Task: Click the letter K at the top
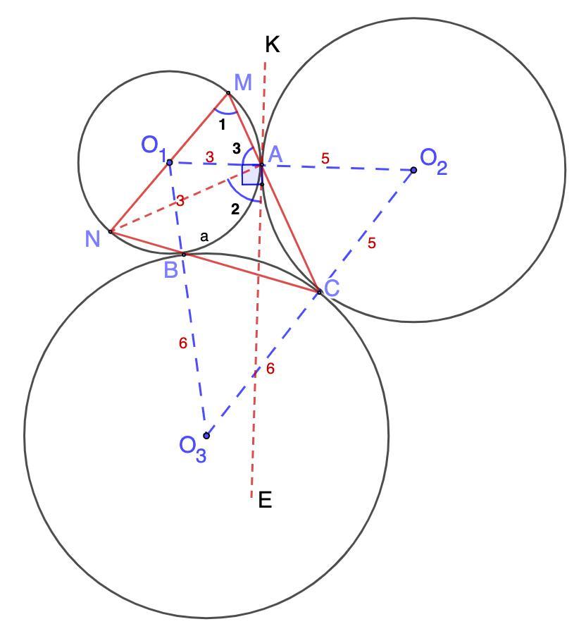273,45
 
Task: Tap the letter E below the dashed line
265,500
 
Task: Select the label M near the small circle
243,82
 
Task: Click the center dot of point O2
413,170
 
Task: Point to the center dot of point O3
206,436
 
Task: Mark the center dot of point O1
170,163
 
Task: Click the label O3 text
192,448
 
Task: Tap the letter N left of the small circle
92,239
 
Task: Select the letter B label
171,269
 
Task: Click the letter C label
332,288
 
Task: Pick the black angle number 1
222,126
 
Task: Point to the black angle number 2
235,209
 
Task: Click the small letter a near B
204,237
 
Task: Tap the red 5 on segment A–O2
325,159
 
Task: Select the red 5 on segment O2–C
372,243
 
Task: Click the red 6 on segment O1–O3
183,343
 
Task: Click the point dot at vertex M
228,93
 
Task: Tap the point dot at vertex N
111,231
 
